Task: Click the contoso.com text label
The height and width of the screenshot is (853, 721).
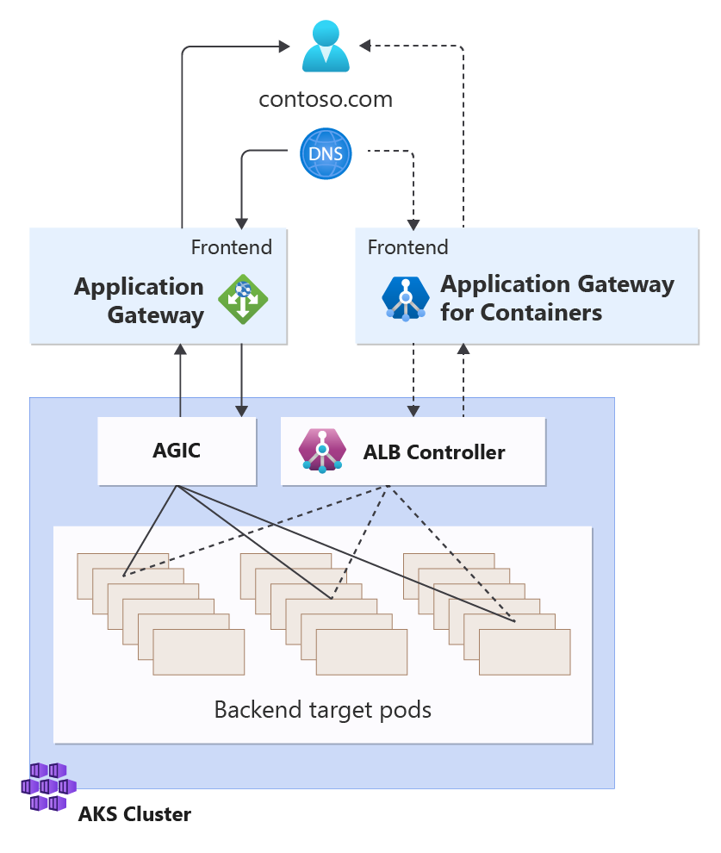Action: point(326,99)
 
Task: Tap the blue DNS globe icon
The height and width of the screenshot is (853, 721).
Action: point(326,153)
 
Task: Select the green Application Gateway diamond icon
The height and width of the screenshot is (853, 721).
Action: point(242,300)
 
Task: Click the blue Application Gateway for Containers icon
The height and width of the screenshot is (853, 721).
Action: point(405,298)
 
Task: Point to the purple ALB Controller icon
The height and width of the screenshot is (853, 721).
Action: point(321,451)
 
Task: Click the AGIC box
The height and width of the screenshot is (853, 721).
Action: point(177,451)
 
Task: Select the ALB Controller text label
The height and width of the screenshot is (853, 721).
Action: point(434,451)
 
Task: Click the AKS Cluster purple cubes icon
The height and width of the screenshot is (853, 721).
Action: point(48,787)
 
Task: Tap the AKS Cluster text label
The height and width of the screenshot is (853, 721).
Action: point(134,813)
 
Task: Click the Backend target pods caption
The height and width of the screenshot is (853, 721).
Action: point(322,710)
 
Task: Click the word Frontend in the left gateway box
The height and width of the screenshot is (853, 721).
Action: point(231,247)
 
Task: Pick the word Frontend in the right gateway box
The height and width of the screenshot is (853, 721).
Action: point(408,247)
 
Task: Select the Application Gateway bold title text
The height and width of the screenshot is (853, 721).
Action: point(140,300)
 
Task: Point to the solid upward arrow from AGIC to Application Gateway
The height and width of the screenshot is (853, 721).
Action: point(181,379)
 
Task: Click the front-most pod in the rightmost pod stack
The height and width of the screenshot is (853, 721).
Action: point(525,651)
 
